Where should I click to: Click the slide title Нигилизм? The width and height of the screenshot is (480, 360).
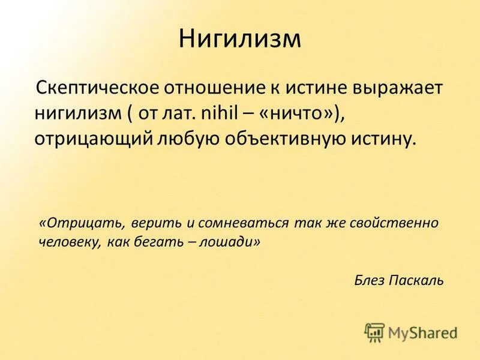[239, 40]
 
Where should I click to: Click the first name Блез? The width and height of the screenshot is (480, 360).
[371, 280]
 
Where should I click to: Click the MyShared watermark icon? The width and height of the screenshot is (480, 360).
[374, 331]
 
